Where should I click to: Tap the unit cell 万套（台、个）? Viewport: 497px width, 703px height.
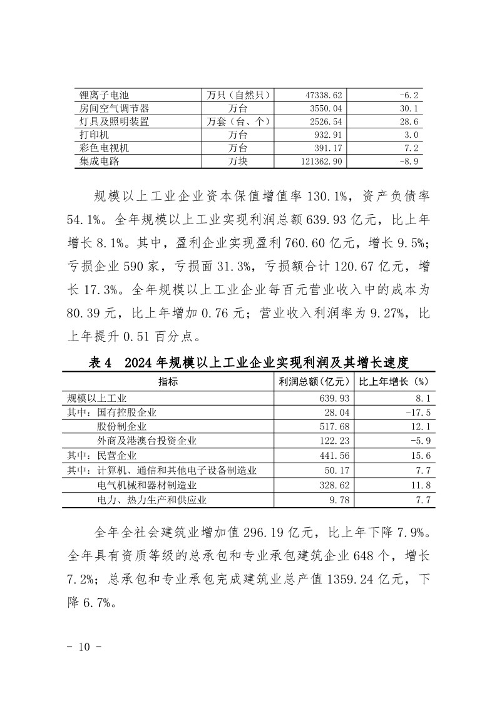coord(238,121)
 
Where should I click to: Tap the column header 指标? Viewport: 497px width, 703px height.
coord(168,381)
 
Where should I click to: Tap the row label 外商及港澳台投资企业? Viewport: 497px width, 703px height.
coord(146,441)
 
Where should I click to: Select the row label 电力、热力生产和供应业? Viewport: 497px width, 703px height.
coord(151,500)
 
